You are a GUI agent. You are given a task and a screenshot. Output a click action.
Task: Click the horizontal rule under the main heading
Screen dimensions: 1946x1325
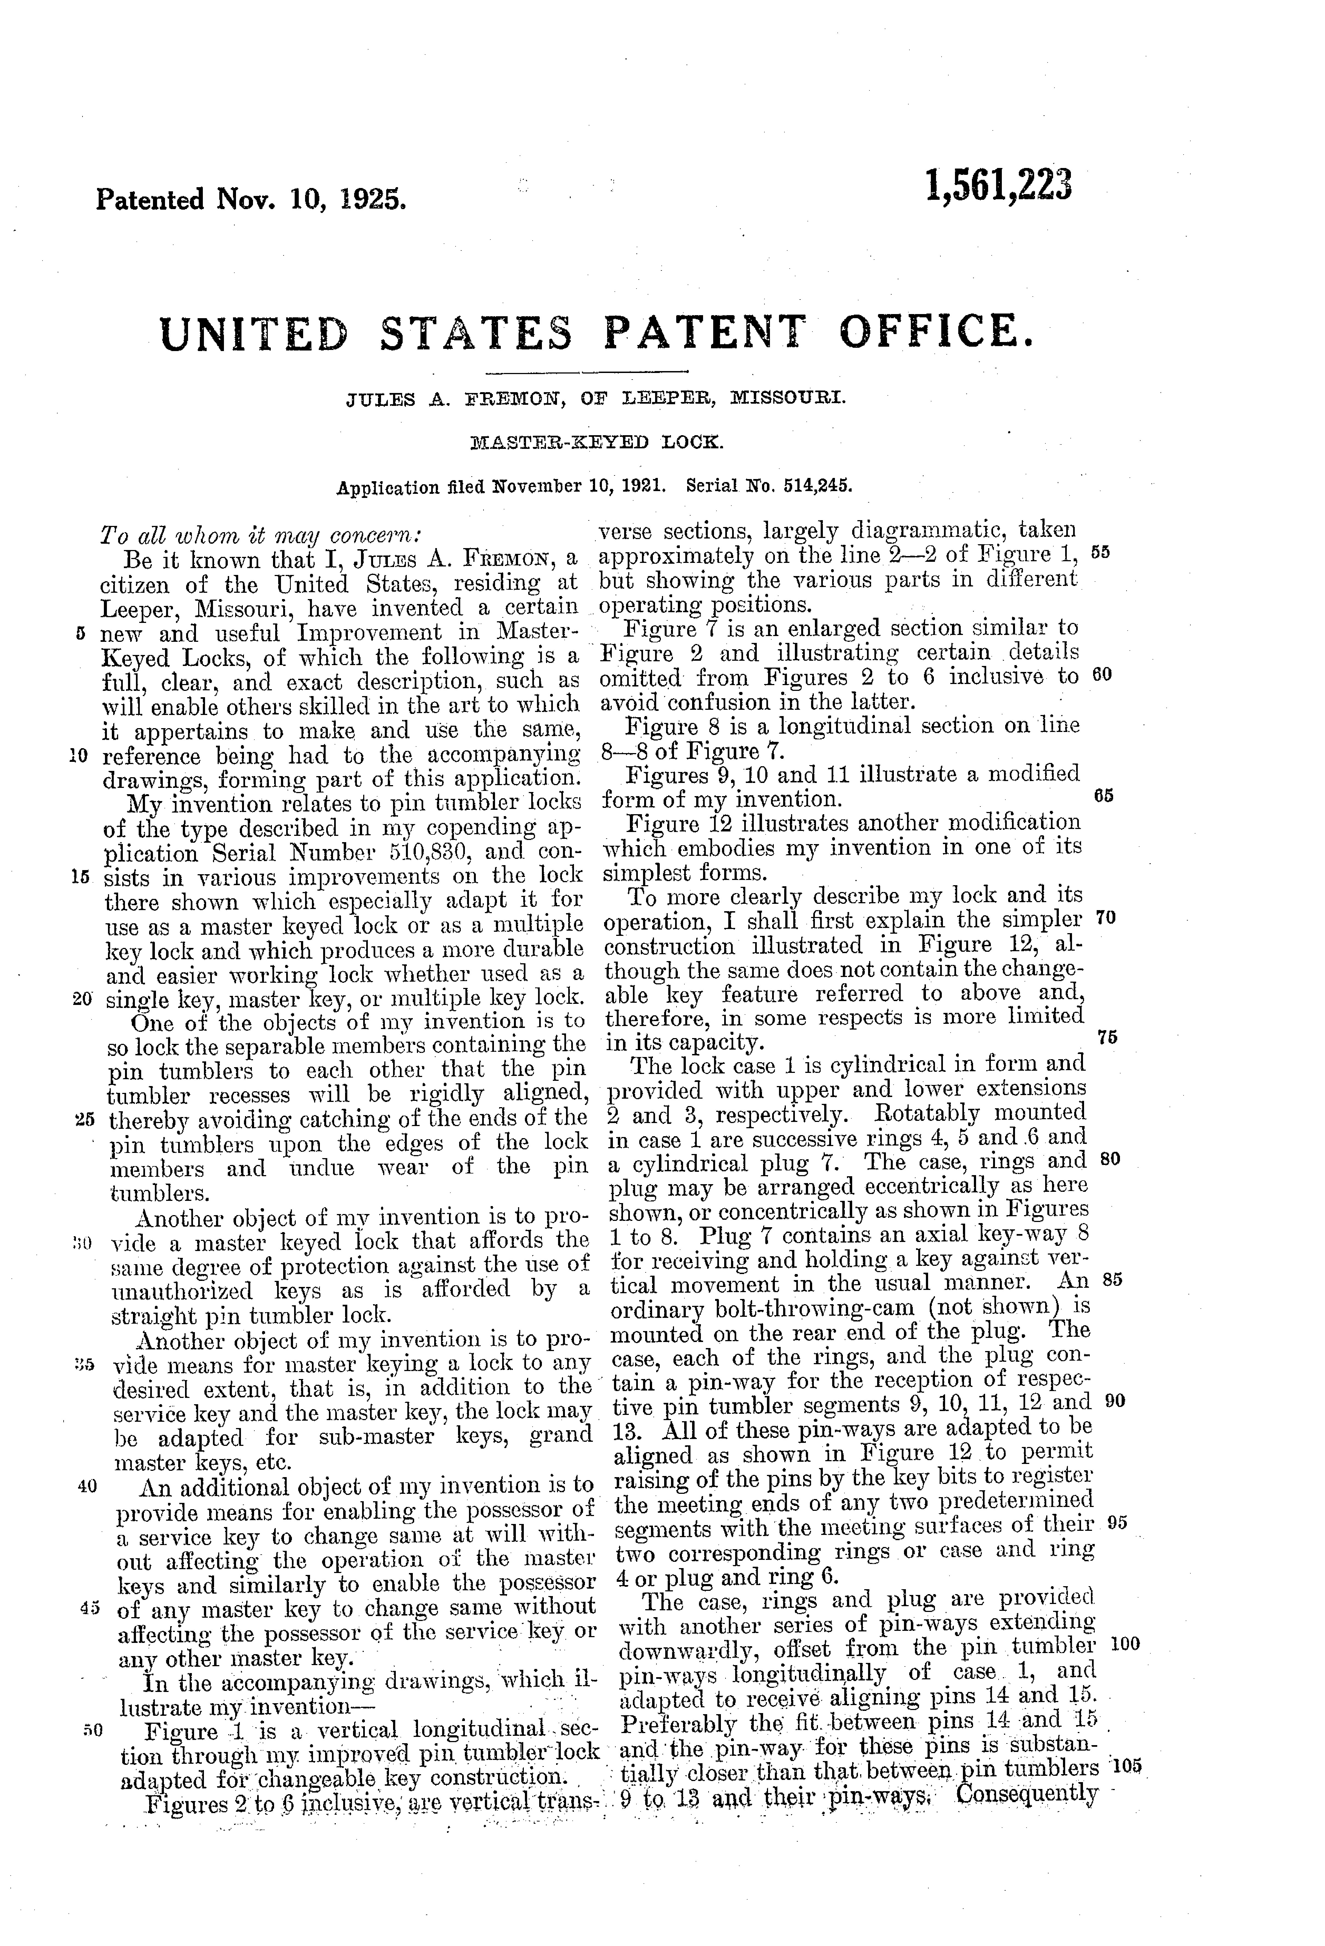586,372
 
